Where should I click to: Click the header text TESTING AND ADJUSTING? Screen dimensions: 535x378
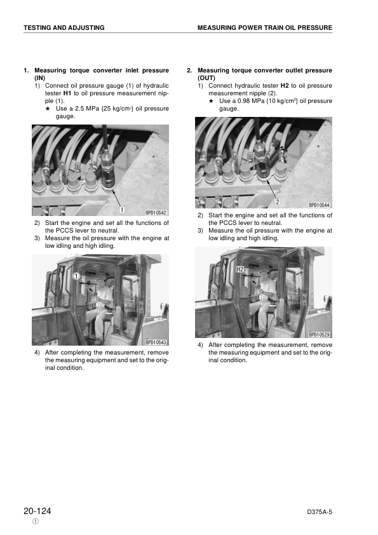click(64, 28)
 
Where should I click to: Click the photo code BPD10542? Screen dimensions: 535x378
click(155, 213)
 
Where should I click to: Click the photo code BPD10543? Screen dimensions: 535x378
click(155, 342)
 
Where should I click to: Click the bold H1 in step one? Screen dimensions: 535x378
click(67, 93)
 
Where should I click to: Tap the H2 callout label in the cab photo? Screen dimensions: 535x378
click(222, 269)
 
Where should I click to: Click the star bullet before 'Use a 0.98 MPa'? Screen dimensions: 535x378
click(212, 101)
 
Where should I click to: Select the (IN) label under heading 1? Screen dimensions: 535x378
click(40, 78)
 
